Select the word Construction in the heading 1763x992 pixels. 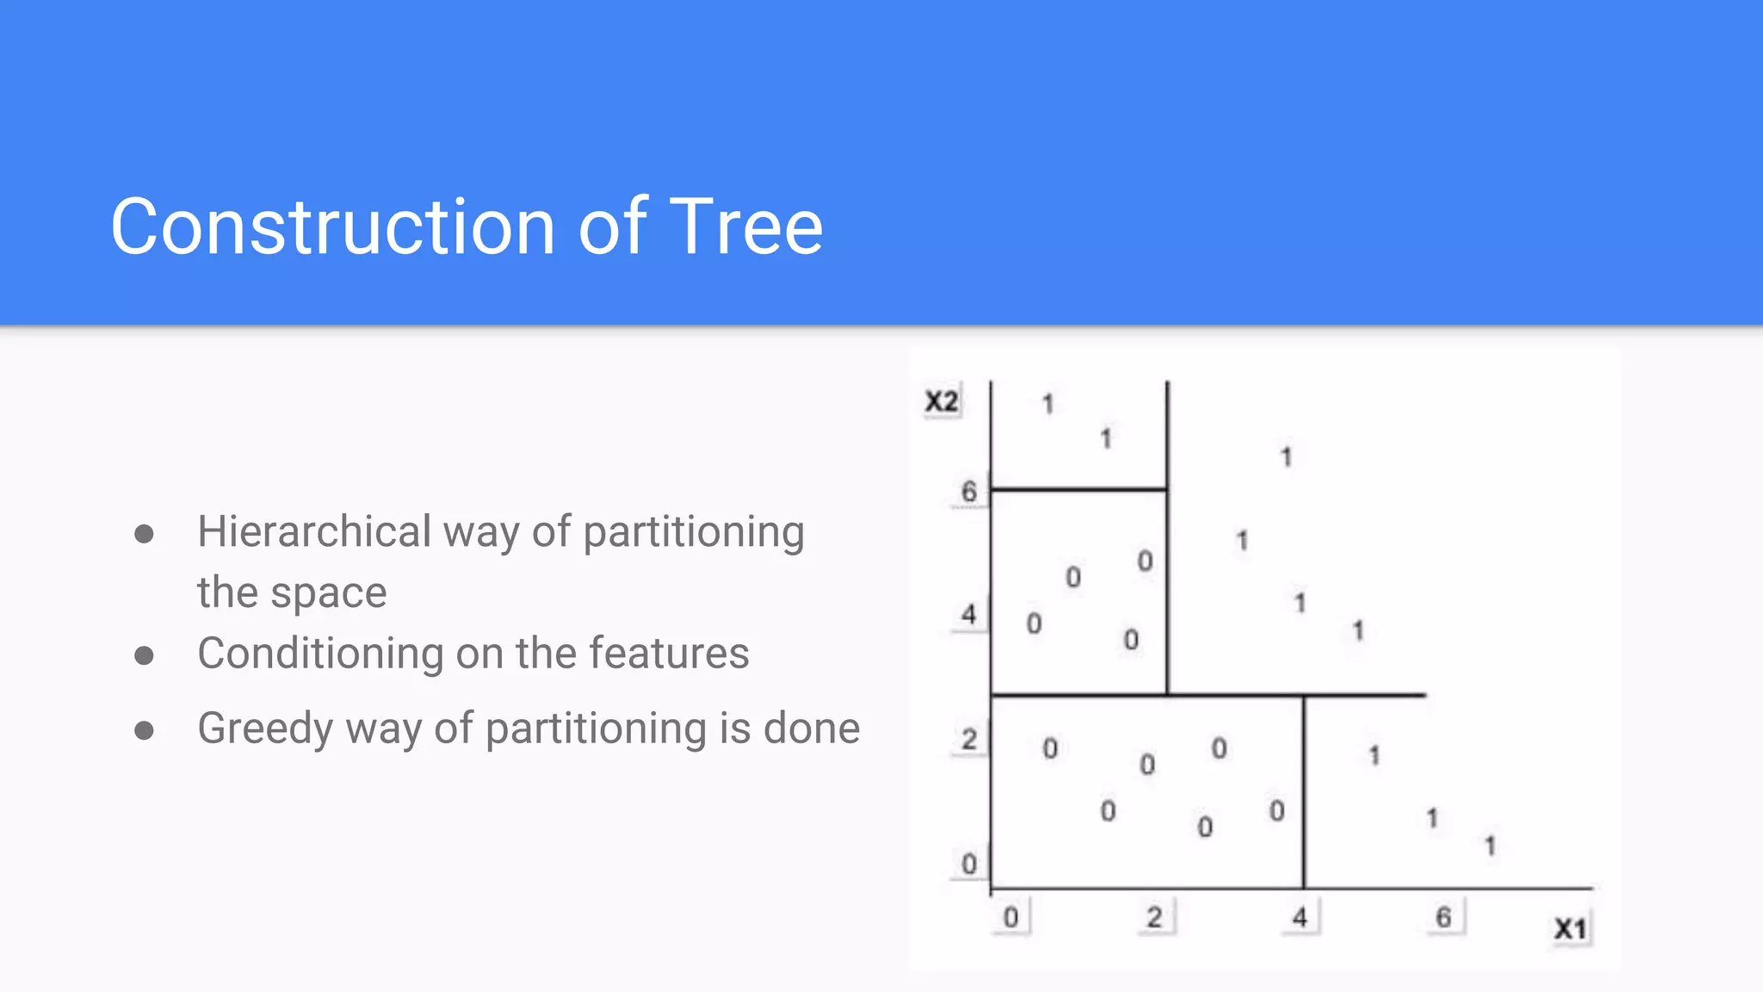(x=333, y=226)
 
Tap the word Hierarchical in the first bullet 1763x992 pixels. (x=313, y=531)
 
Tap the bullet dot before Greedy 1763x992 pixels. (x=145, y=731)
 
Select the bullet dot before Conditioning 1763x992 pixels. (x=145, y=656)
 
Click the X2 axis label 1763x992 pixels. (x=941, y=401)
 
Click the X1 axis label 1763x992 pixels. (x=1570, y=929)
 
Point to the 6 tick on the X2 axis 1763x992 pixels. (x=969, y=492)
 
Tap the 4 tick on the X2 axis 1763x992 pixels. (x=969, y=615)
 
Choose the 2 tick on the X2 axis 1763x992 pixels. (x=969, y=740)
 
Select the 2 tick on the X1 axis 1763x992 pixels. (x=1154, y=917)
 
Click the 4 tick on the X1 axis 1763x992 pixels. (x=1300, y=917)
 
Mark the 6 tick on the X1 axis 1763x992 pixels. (x=1444, y=917)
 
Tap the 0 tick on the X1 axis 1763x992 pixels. (x=1011, y=917)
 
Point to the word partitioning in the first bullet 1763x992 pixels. (x=694, y=533)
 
